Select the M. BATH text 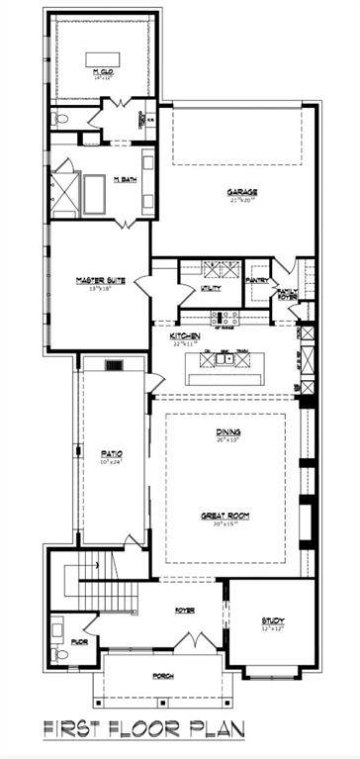click(124, 179)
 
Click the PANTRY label click(256, 281)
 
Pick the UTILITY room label click(211, 288)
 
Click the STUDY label click(272, 621)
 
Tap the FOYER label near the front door click(184, 611)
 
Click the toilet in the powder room click(61, 654)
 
